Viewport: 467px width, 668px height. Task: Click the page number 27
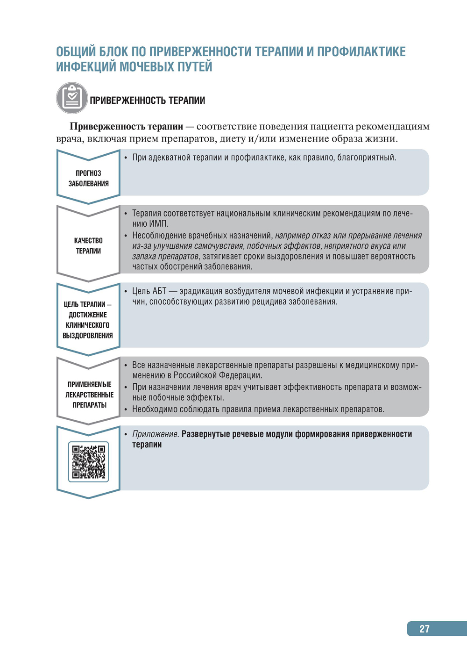coord(424,629)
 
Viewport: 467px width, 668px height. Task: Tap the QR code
coord(88,462)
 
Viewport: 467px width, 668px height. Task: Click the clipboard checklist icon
coord(72,98)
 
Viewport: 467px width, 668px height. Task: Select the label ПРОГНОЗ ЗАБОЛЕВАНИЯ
coord(88,178)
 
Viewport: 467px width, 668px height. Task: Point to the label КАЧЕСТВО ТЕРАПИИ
coord(88,245)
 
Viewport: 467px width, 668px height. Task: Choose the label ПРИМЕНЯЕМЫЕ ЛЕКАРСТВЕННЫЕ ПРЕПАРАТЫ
coord(89,395)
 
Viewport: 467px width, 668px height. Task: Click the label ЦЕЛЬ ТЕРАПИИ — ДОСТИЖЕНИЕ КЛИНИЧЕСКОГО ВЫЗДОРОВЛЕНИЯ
coord(88,320)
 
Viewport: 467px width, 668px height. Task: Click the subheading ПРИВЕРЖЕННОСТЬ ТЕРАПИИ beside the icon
coord(147,101)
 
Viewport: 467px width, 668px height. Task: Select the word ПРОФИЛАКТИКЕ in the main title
coord(361,51)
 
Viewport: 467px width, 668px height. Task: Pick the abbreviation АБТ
coord(159,291)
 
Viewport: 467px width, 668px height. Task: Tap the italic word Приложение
coord(156,434)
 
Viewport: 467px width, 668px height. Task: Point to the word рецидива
coord(269,302)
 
